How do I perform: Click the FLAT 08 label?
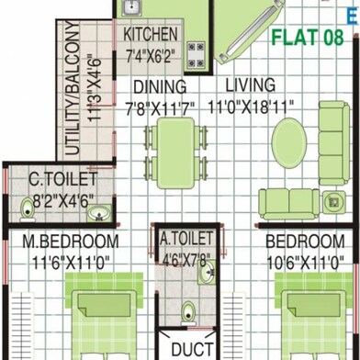[x=308, y=39]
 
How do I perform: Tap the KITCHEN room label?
[x=157, y=35]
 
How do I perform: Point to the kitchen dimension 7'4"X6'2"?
[x=156, y=55]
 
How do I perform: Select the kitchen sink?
[x=130, y=10]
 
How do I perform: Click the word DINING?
[x=161, y=87]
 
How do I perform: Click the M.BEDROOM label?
[x=71, y=242]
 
